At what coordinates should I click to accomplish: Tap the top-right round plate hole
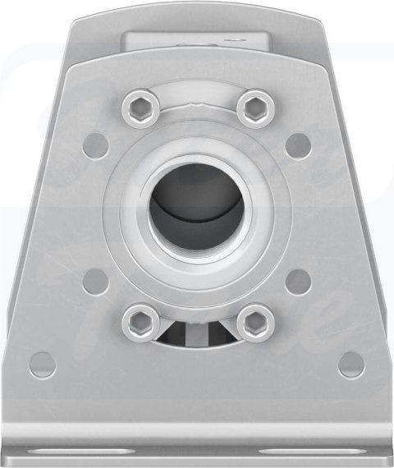coord(298,145)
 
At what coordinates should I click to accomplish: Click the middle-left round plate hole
coord(97,282)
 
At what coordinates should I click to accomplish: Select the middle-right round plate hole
coord(299,282)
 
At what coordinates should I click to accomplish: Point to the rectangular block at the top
coord(196,38)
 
